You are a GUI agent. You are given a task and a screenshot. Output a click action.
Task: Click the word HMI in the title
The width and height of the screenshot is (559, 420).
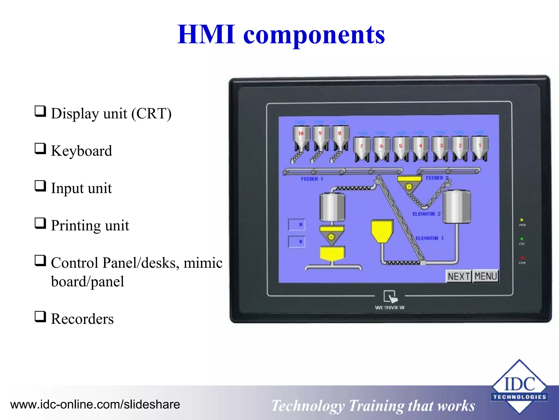click(206, 35)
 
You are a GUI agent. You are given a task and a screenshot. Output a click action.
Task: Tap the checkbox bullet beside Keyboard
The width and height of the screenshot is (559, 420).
click(40, 149)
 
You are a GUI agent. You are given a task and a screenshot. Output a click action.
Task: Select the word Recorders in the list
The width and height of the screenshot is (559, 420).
click(82, 319)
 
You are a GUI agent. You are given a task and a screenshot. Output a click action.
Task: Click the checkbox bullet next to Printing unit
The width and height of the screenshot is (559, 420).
click(40, 223)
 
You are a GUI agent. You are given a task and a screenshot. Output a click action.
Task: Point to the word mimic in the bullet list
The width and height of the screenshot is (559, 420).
click(203, 263)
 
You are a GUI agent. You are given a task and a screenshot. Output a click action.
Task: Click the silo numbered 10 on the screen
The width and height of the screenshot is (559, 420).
click(301, 137)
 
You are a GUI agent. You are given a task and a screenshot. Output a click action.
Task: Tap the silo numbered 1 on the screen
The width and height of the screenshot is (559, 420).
click(480, 149)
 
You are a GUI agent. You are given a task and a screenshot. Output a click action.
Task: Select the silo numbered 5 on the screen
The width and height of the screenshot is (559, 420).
click(401, 149)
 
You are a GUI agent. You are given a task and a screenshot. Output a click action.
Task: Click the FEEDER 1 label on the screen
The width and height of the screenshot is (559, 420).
click(312, 179)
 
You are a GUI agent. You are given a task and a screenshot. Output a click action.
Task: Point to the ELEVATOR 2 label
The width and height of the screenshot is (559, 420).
click(426, 214)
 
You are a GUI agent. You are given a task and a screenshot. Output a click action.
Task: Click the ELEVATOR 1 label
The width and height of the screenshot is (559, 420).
click(429, 238)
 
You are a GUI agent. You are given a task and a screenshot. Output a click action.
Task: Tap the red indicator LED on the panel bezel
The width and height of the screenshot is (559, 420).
click(522, 258)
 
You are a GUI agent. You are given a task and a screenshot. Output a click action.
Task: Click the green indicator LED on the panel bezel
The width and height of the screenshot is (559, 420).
click(522, 239)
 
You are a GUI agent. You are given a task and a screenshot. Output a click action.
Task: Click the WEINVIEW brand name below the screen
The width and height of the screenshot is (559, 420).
click(390, 308)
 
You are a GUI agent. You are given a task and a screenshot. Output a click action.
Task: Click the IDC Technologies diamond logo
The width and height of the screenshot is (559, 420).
click(519, 386)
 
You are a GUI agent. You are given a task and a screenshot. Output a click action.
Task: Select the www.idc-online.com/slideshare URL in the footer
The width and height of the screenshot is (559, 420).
click(95, 404)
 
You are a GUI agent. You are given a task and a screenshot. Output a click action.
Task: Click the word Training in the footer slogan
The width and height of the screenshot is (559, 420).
click(376, 406)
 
